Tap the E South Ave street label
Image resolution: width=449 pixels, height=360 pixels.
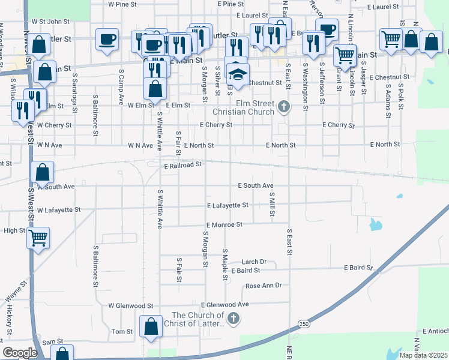coord(256,186)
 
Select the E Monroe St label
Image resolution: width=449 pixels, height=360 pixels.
coord(221,224)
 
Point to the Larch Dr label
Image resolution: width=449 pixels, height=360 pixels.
coord(254,262)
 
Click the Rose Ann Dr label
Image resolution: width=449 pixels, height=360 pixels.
coord(263,286)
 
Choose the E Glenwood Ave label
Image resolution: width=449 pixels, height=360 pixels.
coord(225,305)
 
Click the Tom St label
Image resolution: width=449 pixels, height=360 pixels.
coord(122,332)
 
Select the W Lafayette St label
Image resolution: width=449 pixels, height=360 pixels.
coord(58,211)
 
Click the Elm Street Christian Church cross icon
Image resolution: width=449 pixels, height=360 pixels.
coord(285,108)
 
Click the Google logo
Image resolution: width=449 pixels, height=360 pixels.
coord(20,353)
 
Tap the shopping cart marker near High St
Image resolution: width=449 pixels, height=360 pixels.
coord(38,238)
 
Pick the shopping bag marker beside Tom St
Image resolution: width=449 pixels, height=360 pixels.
coord(151,327)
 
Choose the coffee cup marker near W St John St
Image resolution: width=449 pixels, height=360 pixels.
coord(107,40)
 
